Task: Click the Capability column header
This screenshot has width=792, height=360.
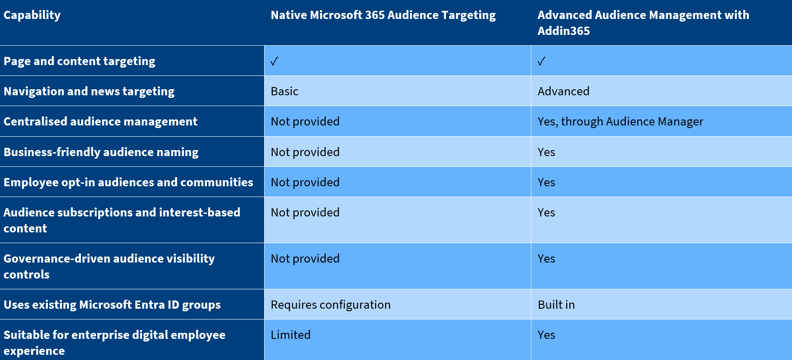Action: click(x=32, y=15)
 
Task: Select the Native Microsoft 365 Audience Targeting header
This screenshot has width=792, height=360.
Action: click(x=383, y=15)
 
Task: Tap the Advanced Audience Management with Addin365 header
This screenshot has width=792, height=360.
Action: click(x=643, y=23)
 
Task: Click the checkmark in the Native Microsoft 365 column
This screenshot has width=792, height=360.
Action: click(x=274, y=61)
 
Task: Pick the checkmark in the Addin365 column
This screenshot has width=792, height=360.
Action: click(x=542, y=61)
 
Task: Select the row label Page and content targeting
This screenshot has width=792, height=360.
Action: click(x=79, y=61)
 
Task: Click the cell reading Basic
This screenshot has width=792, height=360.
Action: click(x=284, y=91)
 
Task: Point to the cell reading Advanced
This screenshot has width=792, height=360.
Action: click(x=563, y=91)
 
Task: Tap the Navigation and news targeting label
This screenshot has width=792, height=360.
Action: click(x=89, y=91)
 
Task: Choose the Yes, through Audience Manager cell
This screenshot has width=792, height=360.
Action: click(x=620, y=122)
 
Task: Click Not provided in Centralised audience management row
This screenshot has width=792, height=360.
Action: click(x=305, y=122)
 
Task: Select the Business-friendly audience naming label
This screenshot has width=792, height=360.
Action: click(x=101, y=152)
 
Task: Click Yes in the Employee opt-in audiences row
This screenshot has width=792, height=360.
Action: click(x=546, y=182)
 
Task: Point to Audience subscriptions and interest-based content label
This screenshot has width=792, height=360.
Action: click(x=122, y=220)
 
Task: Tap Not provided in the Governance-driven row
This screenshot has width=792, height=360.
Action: click(x=305, y=259)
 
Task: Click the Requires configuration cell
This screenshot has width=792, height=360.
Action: click(x=331, y=305)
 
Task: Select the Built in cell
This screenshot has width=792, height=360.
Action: click(x=556, y=305)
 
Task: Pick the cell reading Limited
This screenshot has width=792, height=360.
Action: click(x=290, y=335)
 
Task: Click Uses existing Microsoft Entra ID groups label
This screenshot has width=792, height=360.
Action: click(x=112, y=305)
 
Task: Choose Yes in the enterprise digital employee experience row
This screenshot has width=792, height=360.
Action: click(x=546, y=335)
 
